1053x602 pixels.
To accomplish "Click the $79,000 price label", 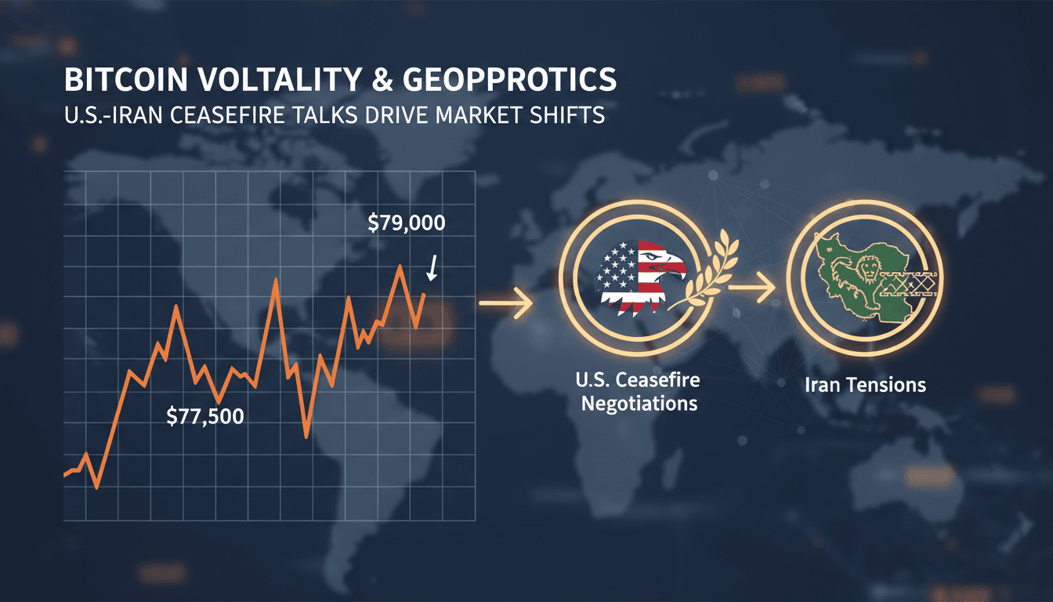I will point(406,223).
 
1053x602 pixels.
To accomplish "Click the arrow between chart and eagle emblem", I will point(505,303).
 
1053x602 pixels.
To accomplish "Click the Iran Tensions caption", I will point(864,385).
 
